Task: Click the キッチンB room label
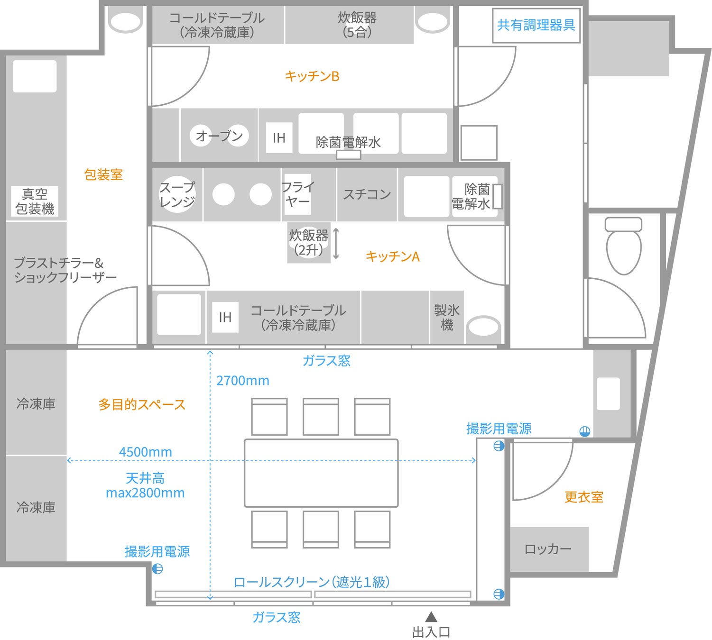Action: (x=312, y=76)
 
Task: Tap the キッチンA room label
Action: (x=393, y=256)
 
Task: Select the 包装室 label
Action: (x=103, y=174)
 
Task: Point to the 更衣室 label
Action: (x=584, y=497)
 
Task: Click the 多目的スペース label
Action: (x=142, y=404)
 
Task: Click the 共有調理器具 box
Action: (x=536, y=25)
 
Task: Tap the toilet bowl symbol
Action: (x=624, y=246)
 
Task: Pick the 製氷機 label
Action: (x=446, y=317)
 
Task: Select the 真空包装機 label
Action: (x=35, y=201)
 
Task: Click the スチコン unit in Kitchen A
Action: (x=367, y=194)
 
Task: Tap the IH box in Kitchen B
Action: (x=279, y=137)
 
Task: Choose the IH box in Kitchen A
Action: (x=225, y=317)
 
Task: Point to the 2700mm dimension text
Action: (x=243, y=381)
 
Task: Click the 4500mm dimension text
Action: (x=146, y=452)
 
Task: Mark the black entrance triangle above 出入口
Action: (x=431, y=617)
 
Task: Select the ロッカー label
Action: (x=548, y=549)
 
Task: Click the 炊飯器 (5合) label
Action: (x=357, y=25)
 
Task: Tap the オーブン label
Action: (x=219, y=136)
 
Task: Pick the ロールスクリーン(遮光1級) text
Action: (x=312, y=582)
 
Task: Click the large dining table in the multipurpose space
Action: (x=321, y=473)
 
